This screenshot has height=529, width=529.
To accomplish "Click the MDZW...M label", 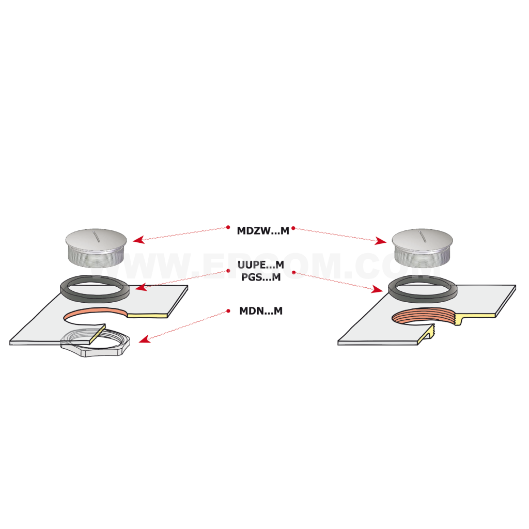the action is (x=263, y=231).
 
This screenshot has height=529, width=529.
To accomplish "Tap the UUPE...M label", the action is (x=261, y=265).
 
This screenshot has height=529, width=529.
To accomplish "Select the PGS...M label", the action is (x=261, y=277).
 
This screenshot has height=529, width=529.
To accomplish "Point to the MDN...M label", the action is (x=261, y=310).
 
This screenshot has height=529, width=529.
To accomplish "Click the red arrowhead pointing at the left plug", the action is (x=138, y=239).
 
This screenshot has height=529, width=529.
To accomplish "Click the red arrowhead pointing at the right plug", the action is (x=381, y=241).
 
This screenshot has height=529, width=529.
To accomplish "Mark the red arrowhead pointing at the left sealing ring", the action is (x=141, y=287).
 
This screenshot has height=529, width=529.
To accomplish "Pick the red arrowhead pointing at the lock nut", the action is (x=145, y=339).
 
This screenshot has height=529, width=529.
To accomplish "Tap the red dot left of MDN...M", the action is (x=228, y=310).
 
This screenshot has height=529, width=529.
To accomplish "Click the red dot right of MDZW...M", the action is (x=293, y=228).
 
